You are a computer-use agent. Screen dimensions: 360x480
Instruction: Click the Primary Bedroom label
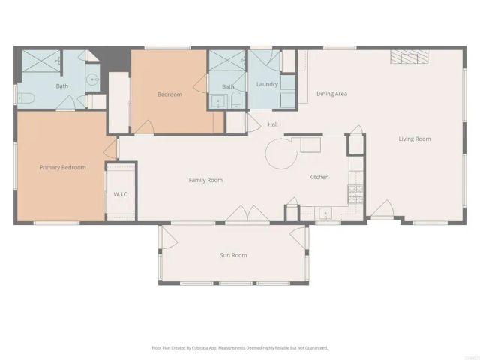(x=62, y=167)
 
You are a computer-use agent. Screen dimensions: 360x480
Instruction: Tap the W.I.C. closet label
(x=121, y=194)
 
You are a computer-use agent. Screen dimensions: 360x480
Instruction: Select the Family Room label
(x=205, y=180)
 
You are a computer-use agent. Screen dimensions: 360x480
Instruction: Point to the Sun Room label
(x=233, y=255)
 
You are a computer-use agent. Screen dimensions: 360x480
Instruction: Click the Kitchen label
(x=319, y=177)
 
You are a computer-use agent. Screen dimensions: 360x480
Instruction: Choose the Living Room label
(x=414, y=139)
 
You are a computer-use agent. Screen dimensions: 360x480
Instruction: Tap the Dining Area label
(x=331, y=94)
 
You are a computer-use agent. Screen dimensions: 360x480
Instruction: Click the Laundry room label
(x=267, y=84)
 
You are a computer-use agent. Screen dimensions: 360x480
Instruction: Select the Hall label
(x=273, y=124)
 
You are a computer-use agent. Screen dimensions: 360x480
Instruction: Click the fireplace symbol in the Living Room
(x=410, y=58)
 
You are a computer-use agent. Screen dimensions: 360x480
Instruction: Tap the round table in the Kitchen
(x=281, y=154)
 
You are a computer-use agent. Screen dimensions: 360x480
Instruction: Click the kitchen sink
(x=325, y=214)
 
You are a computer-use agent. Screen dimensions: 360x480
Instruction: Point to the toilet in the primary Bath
(x=24, y=97)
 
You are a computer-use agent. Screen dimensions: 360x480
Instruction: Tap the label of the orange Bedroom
(x=169, y=94)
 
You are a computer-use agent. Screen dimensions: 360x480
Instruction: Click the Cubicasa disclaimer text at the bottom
(x=240, y=347)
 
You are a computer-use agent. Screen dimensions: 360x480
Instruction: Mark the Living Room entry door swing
(x=382, y=209)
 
